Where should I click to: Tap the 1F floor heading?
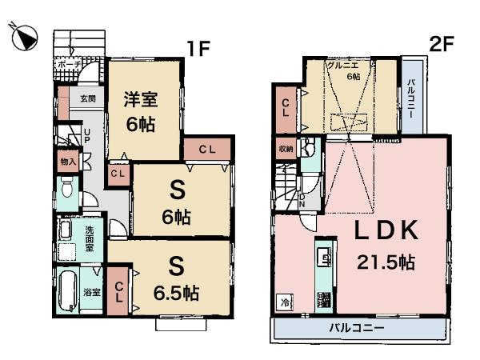tap(199, 48)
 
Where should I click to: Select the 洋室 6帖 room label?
tap(140, 114)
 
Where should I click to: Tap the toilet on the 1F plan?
tap(67, 192)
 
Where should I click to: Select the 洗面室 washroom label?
tap(90, 237)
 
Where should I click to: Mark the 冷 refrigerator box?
tap(285, 302)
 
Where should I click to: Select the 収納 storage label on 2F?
tap(286, 149)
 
